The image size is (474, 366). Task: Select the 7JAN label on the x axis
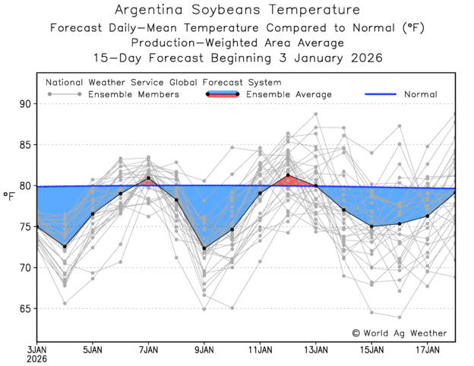click(x=148, y=350)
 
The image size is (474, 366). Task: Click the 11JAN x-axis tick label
click(x=260, y=350)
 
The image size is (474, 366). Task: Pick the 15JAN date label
click(x=371, y=350)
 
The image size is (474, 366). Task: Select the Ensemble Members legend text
click(x=134, y=94)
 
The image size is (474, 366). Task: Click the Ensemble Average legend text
click(x=290, y=94)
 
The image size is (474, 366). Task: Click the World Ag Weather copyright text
click(x=400, y=333)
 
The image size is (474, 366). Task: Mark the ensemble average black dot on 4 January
click(x=65, y=246)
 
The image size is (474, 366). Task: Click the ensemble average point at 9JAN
click(x=204, y=248)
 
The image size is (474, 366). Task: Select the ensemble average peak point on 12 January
click(x=288, y=175)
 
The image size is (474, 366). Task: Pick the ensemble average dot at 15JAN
click(x=371, y=226)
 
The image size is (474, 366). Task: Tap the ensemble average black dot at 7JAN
click(x=148, y=178)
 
